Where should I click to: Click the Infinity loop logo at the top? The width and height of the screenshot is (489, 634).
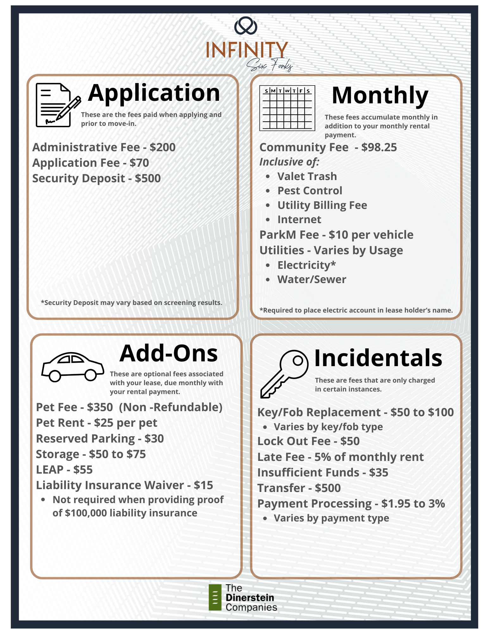click(246, 26)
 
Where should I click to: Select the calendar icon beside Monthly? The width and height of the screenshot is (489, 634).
click(287, 108)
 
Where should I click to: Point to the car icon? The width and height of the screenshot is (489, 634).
click(72, 366)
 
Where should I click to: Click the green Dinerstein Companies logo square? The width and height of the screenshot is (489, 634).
click(215, 597)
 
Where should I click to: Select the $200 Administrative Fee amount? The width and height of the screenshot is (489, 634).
click(163, 147)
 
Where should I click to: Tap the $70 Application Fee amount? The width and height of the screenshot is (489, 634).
click(139, 163)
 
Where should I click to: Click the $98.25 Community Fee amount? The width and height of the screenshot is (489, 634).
click(379, 147)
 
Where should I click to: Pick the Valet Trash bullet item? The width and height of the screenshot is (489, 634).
click(307, 177)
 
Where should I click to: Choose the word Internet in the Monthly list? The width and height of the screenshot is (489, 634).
click(299, 220)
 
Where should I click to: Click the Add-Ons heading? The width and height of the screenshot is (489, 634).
click(169, 353)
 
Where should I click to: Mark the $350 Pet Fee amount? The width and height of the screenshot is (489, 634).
click(100, 407)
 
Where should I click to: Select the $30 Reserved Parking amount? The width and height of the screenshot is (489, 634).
click(154, 439)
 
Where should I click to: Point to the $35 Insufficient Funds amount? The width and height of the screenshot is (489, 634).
click(379, 473)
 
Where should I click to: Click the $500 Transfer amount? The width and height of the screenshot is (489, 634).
click(328, 488)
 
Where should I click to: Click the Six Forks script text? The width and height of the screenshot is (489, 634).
click(270, 66)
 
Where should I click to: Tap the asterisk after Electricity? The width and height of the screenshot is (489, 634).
click(333, 264)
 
